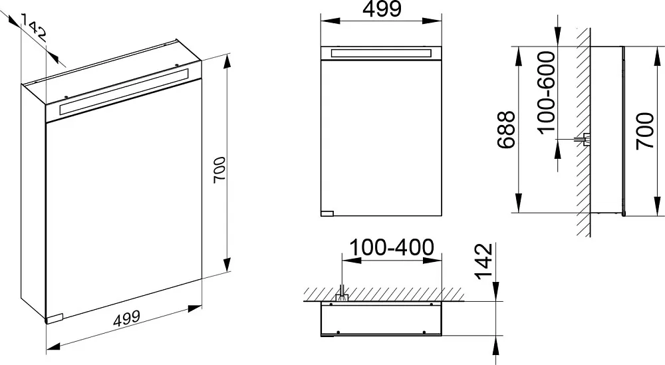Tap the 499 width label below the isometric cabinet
click(x=126, y=318)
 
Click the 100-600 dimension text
click(x=546, y=92)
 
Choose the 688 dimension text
click(x=506, y=130)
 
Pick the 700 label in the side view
click(x=645, y=130)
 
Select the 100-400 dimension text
click(x=392, y=247)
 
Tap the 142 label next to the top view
click(x=484, y=261)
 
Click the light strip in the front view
click(x=381, y=53)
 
